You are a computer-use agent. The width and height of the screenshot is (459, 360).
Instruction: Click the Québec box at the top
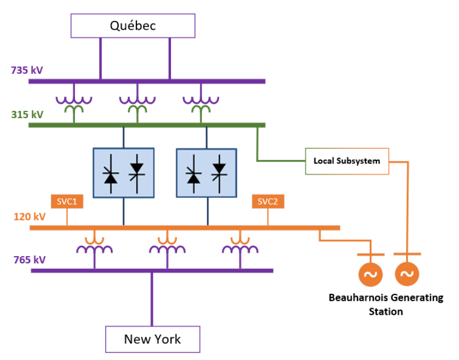point(133,25)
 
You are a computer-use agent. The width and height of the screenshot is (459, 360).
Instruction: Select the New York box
point(152,338)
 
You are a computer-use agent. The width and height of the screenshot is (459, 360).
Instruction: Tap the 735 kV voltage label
point(27,71)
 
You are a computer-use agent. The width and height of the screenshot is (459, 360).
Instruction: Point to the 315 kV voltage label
point(27,115)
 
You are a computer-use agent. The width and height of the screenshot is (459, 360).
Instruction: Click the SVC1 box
point(67,201)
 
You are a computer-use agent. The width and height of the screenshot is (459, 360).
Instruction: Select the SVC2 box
point(268,201)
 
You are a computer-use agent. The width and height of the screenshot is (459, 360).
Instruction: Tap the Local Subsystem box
point(347,161)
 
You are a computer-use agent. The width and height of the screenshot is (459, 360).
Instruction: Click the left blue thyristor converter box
point(123,172)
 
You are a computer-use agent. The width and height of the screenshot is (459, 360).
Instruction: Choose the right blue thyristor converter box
point(206,172)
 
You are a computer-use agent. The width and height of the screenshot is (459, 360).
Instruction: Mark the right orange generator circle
point(407,274)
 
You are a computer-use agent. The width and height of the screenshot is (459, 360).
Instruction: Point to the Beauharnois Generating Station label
point(386,304)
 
